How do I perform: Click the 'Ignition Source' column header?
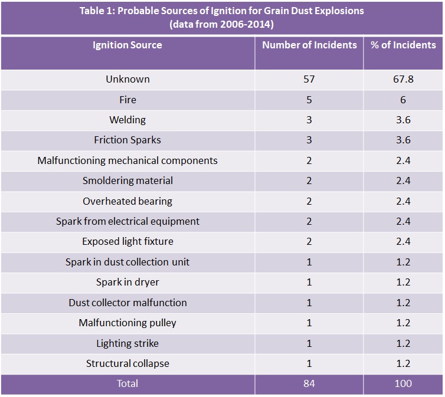pos(127,45)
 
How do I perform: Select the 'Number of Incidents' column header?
pos(309,45)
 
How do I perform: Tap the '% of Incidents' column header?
pos(403,45)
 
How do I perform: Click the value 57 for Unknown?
pos(309,79)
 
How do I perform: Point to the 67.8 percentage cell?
pos(403,79)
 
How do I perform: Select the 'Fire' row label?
pos(127,100)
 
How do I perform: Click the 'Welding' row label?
pos(127,120)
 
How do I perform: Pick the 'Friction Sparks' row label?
pos(127,140)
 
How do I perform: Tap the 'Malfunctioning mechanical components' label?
pos(127,160)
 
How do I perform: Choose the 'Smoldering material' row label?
pos(127,181)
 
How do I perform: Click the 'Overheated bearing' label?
pos(127,201)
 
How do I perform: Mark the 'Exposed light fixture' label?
pos(127,241)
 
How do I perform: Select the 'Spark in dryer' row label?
pos(127,282)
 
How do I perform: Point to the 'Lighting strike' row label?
pos(127,343)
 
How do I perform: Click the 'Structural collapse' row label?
pos(127,363)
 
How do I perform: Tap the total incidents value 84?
pos(309,383)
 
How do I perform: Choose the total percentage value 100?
pos(403,383)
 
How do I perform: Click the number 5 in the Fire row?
pos(309,100)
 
